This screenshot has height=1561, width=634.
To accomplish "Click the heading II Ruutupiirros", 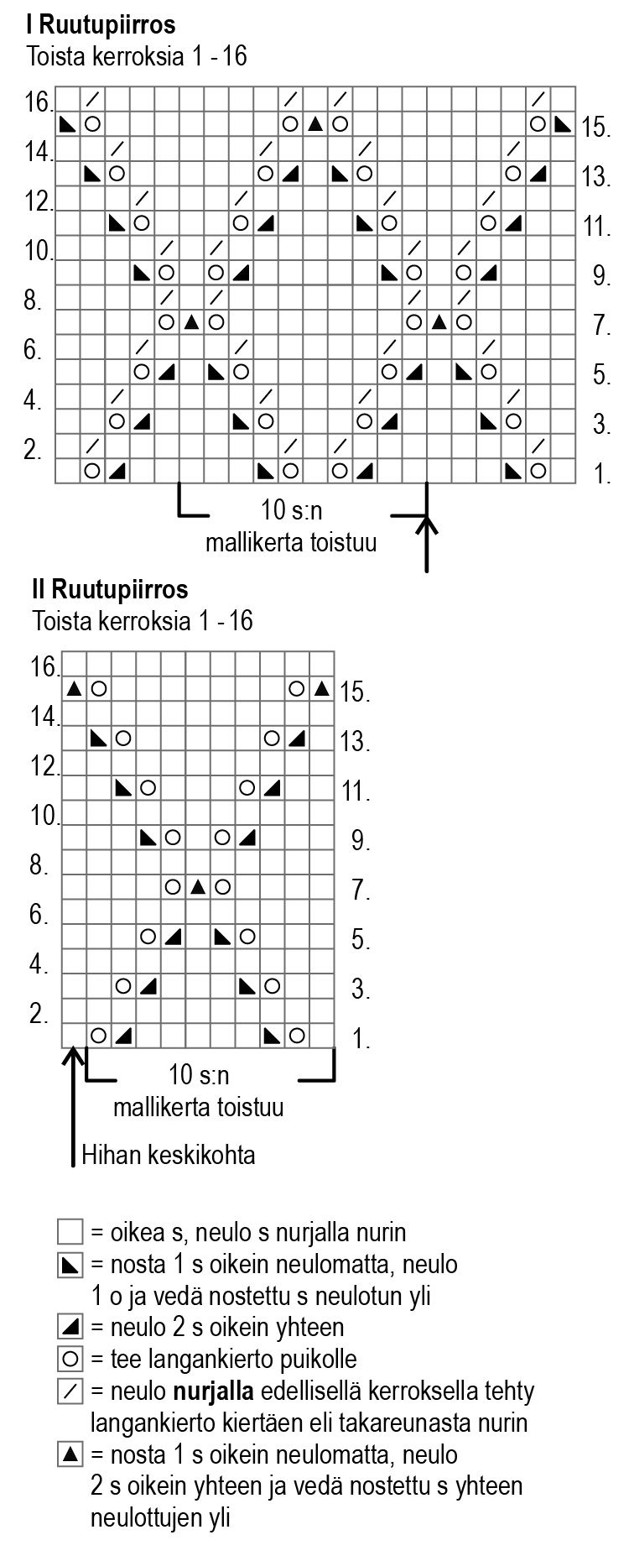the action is [x=109, y=589].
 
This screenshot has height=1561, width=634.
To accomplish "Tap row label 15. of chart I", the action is [x=596, y=128].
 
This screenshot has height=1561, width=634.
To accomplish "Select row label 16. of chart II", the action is [x=45, y=669].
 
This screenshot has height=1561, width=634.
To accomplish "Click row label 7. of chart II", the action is [x=361, y=890].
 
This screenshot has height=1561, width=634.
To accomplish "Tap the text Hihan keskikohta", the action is [x=168, y=1156].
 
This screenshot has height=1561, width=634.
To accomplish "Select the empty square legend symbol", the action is [x=70, y=1232].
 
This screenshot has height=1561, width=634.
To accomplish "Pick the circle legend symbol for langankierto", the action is [x=70, y=1359].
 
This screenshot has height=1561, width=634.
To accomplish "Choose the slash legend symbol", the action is [x=70, y=1391].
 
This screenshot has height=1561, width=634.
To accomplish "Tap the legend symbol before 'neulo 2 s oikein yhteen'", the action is [x=70, y=1327].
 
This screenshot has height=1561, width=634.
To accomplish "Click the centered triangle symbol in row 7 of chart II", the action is [x=198, y=887].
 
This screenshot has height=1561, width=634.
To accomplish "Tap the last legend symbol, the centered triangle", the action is [x=70, y=1454].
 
